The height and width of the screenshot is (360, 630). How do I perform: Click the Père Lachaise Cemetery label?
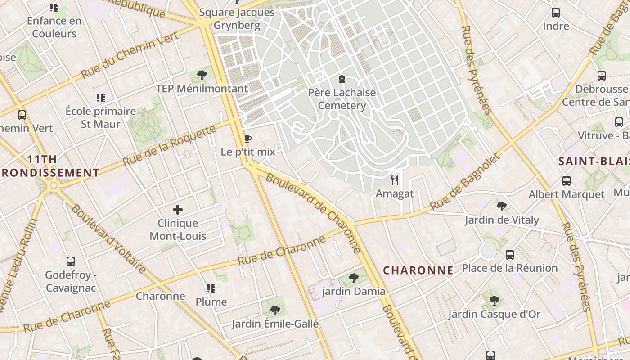point(342,99)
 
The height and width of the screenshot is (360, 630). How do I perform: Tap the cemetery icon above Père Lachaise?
point(342,80)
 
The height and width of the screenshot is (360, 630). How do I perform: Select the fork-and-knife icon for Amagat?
point(395,180)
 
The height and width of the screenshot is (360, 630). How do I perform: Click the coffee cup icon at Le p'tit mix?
point(247,139)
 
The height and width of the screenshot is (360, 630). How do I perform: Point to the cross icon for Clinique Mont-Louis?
point(178,210)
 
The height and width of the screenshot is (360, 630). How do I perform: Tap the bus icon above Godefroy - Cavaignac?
point(71,261)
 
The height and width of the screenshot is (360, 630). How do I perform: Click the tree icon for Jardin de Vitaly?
point(501,207)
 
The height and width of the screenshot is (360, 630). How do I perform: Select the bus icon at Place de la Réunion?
point(510,255)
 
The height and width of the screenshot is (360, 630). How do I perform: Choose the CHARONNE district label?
point(418,270)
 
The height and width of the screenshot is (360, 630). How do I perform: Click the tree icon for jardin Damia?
point(354,278)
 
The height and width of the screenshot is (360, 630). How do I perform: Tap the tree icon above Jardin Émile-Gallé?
point(275,310)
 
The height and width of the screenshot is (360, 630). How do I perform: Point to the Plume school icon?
point(211,288)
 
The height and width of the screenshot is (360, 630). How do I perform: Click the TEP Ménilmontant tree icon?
point(202,75)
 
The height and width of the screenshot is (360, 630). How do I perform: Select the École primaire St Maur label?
point(101,117)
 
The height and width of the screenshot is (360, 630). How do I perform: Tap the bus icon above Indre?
point(556,13)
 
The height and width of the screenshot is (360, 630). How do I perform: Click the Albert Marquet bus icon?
point(567,181)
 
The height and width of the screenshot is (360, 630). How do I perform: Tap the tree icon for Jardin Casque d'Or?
point(494,301)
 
